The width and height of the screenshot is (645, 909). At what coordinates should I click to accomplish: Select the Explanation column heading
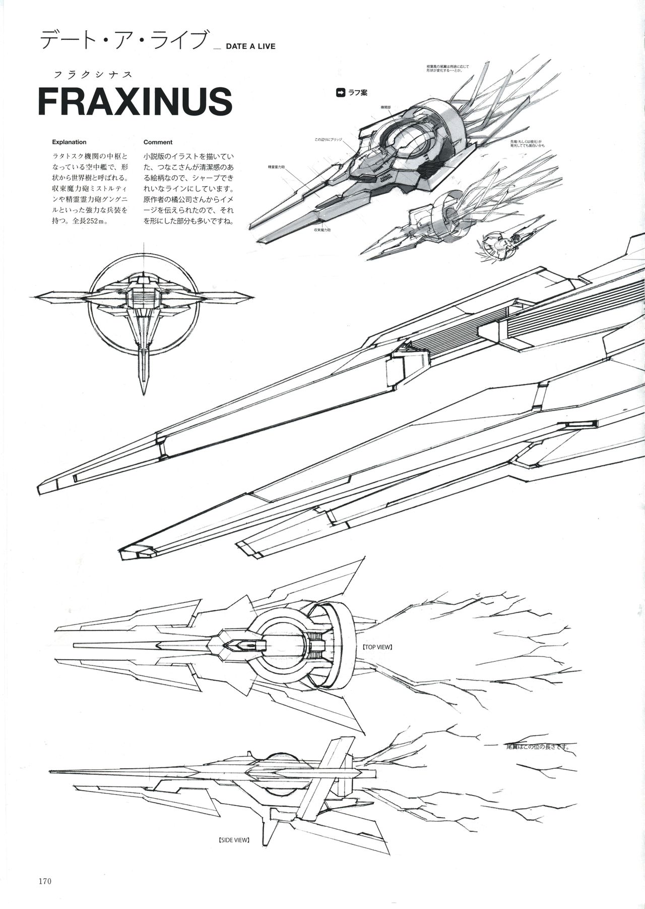click(x=69, y=142)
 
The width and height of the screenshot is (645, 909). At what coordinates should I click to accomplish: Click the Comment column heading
click(x=158, y=142)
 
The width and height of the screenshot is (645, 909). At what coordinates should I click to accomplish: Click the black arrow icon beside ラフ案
click(x=341, y=92)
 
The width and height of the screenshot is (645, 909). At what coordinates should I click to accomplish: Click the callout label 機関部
click(x=386, y=107)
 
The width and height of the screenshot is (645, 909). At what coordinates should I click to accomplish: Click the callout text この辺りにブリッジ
click(x=329, y=139)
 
